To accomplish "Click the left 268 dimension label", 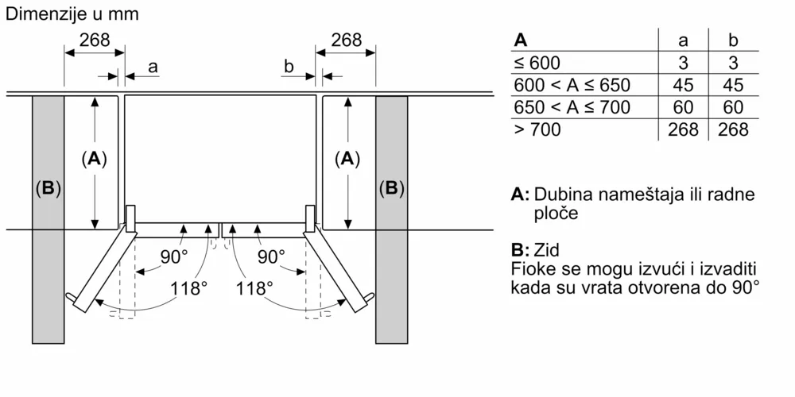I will coord(94,40).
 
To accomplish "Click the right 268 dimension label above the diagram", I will coord(346,40).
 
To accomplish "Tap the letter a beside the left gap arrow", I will coord(153,67).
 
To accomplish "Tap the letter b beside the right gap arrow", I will coord(289,67).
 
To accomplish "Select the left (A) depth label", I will coord(94,159).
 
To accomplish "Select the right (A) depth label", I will coord(346,159).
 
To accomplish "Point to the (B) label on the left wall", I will coord(48,189).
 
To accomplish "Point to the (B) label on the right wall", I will coord(391,189).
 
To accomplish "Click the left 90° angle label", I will coord(173,256).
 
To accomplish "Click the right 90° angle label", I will coord(270,256).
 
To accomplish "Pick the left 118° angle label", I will coord(189,287).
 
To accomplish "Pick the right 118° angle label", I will coord(254,287).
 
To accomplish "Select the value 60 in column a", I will coord(683,107).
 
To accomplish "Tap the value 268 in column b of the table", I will coord(733,129).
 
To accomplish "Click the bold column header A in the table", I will coord(521,40).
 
